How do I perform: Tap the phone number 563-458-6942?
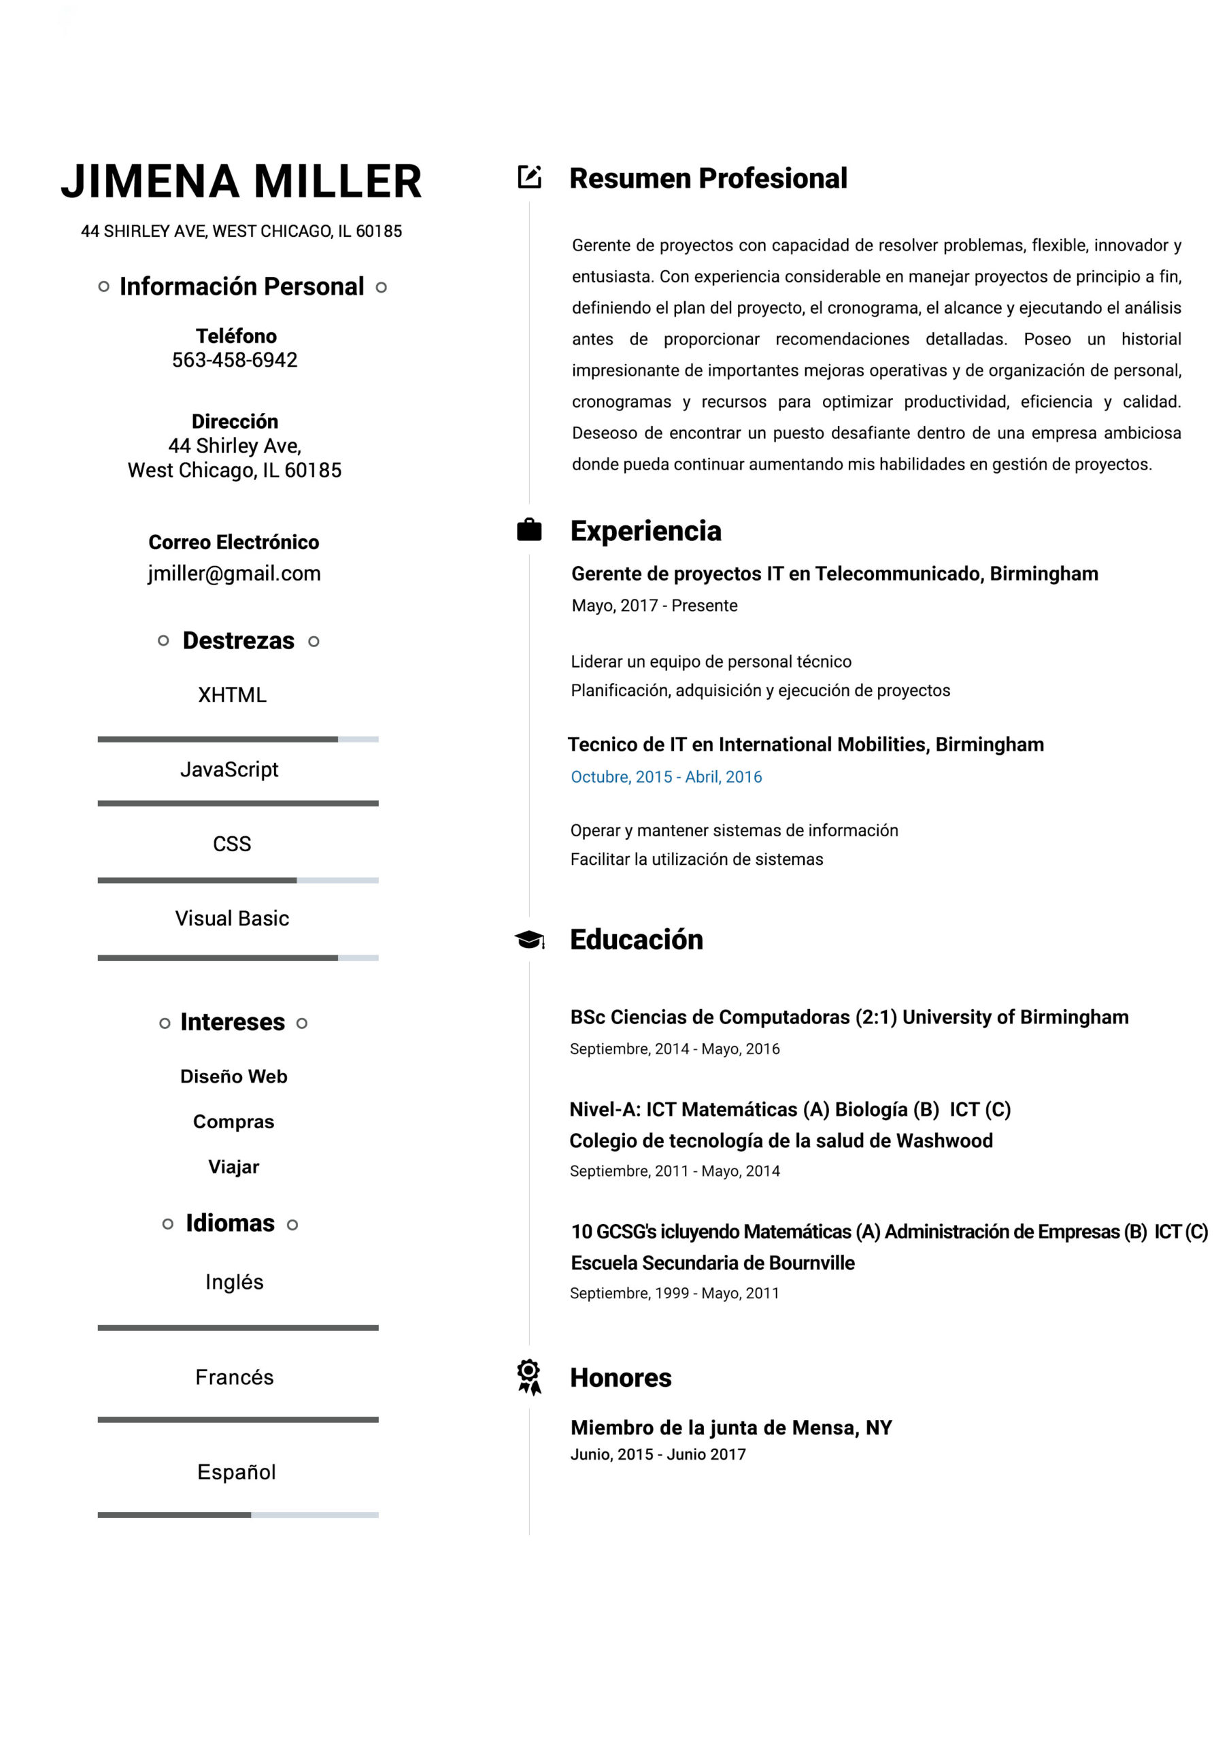pyautogui.click(x=235, y=360)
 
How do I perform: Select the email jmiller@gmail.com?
pyautogui.click(x=235, y=574)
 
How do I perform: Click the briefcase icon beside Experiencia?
pyautogui.click(x=528, y=529)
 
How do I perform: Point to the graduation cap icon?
pyautogui.click(x=528, y=939)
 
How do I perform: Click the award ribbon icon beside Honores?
pyautogui.click(x=528, y=1377)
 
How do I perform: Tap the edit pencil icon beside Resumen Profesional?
pyautogui.click(x=528, y=177)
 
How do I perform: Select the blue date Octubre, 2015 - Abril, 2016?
pyautogui.click(x=666, y=777)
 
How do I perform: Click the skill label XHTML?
pyautogui.click(x=232, y=695)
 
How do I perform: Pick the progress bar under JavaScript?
pyautogui.click(x=237, y=804)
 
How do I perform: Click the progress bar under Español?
pyautogui.click(x=237, y=1515)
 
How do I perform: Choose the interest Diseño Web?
pyautogui.click(x=233, y=1077)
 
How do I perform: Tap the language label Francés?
pyautogui.click(x=235, y=1377)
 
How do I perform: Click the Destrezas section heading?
pyautogui.click(x=238, y=641)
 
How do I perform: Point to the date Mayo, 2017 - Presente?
pyautogui.click(x=654, y=606)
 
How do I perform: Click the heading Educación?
pyautogui.click(x=637, y=939)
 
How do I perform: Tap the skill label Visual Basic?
pyautogui.click(x=232, y=919)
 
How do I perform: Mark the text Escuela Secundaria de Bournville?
pyautogui.click(x=712, y=1262)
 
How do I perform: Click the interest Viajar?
pyautogui.click(x=233, y=1167)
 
